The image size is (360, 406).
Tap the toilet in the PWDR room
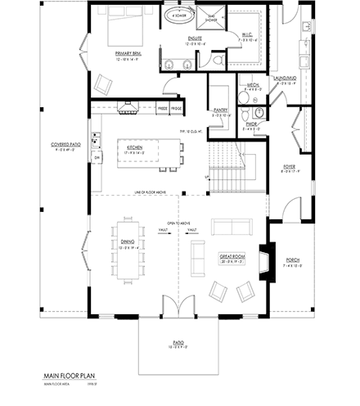tap(258, 113)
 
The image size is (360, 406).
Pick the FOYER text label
tap(289, 167)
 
